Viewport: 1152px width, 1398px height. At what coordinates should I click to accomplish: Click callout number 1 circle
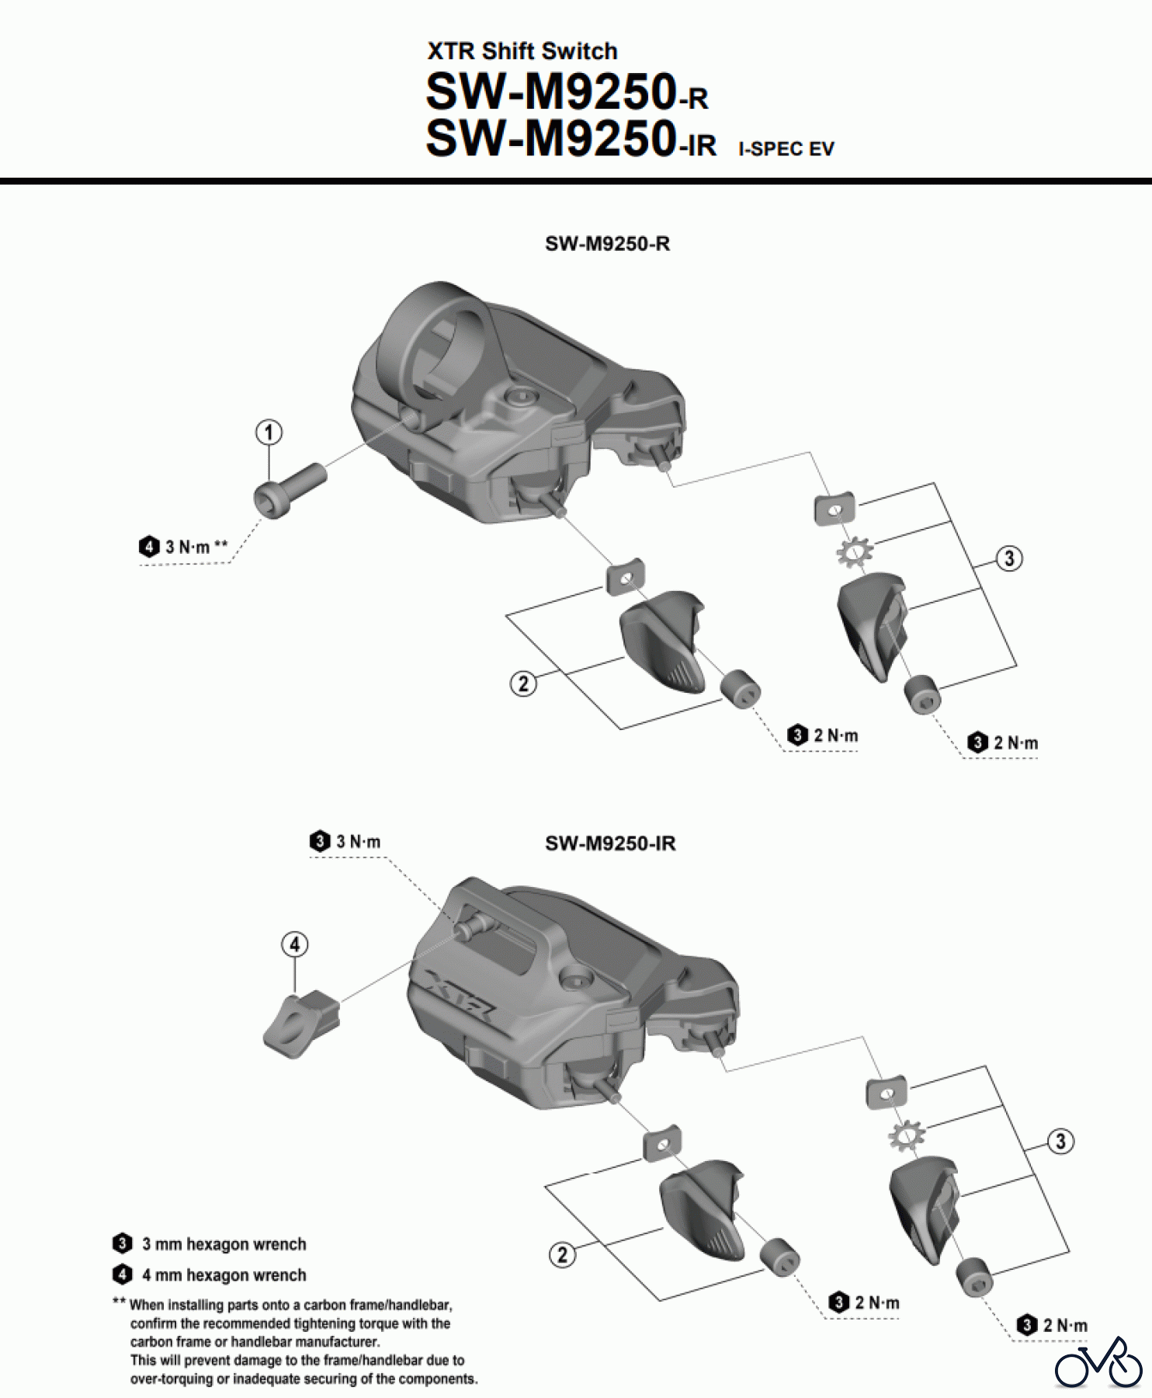269,433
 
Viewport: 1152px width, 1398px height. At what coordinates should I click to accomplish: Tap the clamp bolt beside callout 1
288,487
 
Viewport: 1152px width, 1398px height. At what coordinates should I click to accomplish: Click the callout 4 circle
294,945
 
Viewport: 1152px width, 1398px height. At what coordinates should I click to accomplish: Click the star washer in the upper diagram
854,552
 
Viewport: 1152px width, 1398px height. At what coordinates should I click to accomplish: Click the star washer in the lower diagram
906,1136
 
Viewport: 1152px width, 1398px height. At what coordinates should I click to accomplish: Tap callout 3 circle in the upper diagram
1008,558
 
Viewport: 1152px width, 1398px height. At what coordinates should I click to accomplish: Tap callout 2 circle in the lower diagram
562,1254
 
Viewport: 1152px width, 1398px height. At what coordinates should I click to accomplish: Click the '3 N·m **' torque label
186,547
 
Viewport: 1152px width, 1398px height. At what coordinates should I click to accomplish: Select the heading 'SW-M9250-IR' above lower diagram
610,843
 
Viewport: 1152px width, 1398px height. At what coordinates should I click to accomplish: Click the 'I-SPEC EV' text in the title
786,149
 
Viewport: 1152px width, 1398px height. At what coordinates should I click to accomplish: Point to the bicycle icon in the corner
1098,1362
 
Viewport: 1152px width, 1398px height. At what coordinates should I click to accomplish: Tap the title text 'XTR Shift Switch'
522,51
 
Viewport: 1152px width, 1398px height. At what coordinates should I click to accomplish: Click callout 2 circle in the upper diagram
523,683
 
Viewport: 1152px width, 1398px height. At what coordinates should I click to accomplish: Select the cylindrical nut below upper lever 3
922,695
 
